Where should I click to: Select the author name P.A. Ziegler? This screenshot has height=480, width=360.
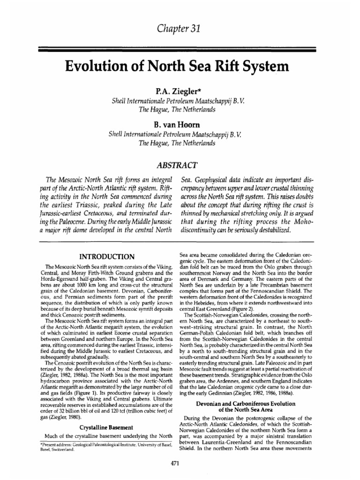click(x=180, y=90)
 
